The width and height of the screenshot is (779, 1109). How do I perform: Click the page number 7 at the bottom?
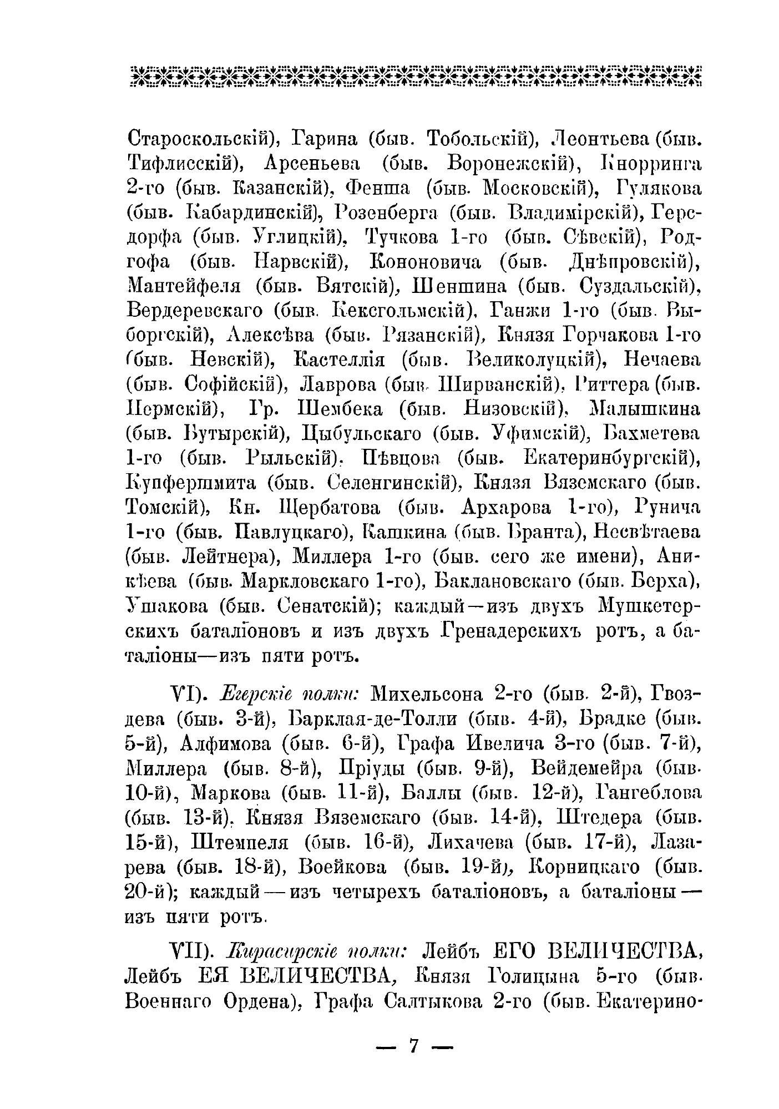413,1045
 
